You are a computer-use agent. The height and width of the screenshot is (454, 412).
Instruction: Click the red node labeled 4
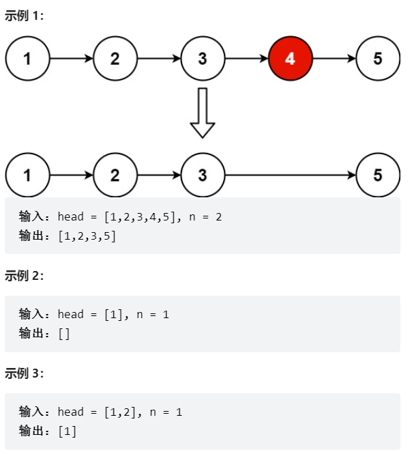coord(290,59)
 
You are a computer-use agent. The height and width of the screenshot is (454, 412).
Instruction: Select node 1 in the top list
coord(27,59)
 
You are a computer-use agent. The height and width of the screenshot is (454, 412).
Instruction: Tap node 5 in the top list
coord(378,59)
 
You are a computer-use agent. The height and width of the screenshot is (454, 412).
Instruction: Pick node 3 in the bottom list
coord(203,175)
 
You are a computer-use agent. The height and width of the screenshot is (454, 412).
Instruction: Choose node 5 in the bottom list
coord(378,175)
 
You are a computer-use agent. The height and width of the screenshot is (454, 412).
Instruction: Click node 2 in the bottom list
coord(115,175)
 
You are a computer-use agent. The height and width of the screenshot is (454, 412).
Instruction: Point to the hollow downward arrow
coord(203,113)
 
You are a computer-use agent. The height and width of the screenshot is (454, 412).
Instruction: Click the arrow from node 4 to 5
coord(334,59)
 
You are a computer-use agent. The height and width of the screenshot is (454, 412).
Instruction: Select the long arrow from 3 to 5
coord(290,175)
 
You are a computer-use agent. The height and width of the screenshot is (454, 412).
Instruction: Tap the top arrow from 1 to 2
coord(71,59)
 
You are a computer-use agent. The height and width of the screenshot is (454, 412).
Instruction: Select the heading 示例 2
coord(25,276)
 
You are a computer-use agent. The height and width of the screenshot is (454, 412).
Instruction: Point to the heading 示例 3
coord(25,373)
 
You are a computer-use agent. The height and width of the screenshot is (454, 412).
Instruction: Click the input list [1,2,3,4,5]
coord(140,217)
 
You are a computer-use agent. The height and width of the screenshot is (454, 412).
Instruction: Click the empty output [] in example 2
coord(64,334)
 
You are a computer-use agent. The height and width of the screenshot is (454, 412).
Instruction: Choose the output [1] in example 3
coord(67,431)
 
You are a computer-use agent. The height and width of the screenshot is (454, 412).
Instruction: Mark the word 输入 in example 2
coord(31,315)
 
